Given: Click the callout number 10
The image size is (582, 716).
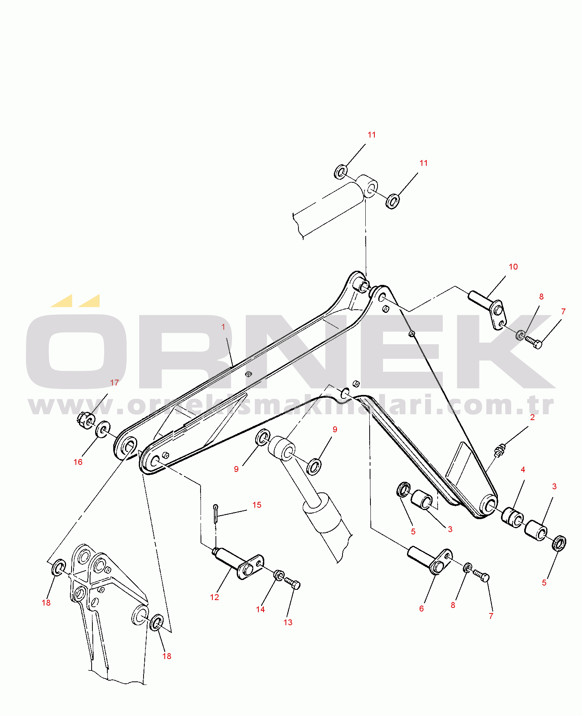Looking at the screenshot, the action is [x=513, y=267].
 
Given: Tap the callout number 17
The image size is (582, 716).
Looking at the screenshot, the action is [x=114, y=383].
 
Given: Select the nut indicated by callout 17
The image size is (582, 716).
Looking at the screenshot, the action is [x=85, y=420].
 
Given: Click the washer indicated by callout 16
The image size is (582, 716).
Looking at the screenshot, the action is [x=103, y=429].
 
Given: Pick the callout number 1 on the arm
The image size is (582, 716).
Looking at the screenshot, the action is [x=223, y=327].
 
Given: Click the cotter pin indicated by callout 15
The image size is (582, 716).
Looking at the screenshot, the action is [x=215, y=514].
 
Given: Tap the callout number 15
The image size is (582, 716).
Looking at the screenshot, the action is [x=257, y=505].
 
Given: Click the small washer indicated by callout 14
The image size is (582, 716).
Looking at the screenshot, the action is [x=279, y=575].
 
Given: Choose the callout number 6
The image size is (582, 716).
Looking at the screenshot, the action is [x=422, y=609].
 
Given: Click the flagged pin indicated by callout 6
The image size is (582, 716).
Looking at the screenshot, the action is [x=430, y=560].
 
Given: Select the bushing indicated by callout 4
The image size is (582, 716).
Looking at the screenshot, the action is [x=513, y=518].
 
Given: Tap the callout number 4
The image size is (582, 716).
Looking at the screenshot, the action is [x=523, y=470].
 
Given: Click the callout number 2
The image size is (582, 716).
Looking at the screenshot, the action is [x=532, y=417].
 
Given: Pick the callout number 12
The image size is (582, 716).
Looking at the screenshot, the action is [x=214, y=597].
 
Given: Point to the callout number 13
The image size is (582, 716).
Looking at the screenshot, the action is [x=288, y=622].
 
